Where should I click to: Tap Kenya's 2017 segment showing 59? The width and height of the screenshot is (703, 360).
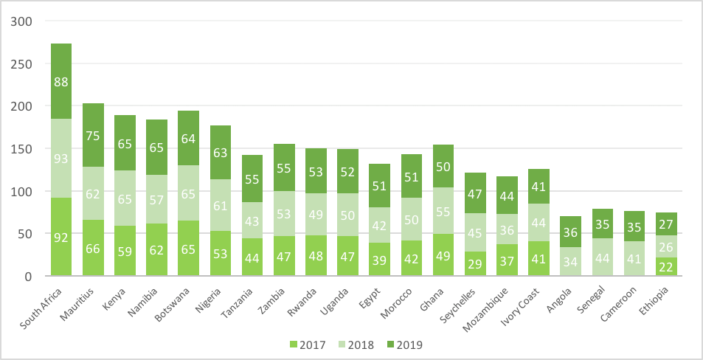point(125,251)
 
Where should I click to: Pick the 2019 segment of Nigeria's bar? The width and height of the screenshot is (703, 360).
point(220,153)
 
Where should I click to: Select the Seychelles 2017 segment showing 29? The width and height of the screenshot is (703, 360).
point(474,263)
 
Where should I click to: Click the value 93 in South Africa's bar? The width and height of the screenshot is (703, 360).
point(61,158)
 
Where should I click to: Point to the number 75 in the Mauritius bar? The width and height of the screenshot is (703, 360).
point(93,135)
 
